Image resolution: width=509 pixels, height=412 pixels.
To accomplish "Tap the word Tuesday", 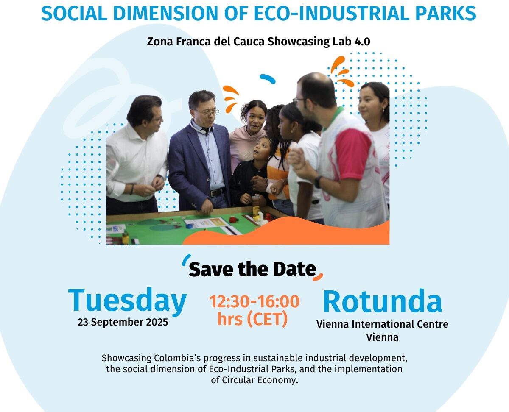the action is coord(127,301).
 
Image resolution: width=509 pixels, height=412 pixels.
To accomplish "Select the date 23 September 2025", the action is coord(123,322).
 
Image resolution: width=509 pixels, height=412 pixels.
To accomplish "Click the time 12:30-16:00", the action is coord(254,302).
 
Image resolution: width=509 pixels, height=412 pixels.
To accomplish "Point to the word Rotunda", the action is coord(382,301).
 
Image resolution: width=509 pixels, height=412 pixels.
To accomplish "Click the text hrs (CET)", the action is coord(252,319).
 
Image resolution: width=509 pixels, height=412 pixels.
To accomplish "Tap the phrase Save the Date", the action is coord(252,269).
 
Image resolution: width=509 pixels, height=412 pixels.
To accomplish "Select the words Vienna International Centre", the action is coord(382,324).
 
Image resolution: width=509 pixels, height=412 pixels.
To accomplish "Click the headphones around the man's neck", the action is coord(202,129).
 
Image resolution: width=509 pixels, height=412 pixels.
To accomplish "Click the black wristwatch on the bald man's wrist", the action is coord(318,182).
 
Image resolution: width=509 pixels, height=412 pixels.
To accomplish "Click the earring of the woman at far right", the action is coord(384,109).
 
